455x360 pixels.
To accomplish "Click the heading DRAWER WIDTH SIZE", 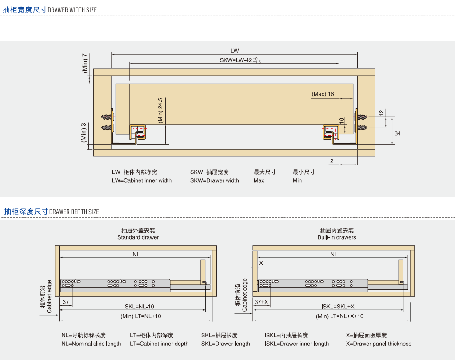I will point(72,10).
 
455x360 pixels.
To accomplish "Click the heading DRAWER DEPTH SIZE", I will point(74,212).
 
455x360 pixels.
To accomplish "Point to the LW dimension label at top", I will point(235,51).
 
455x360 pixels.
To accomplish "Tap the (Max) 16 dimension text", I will point(323,94).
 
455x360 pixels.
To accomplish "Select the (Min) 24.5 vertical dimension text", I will point(160,110).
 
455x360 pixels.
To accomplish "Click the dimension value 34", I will point(398,133).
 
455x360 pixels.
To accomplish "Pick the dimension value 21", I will point(334,161).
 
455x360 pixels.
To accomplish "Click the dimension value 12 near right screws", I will point(382,113).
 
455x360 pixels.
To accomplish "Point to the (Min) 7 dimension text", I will point(85,63).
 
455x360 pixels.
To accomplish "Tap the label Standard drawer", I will point(138,237).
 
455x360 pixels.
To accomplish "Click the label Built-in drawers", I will point(337,237).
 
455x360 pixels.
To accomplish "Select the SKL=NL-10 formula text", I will point(139,307).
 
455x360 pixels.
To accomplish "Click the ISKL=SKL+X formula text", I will point(338,307).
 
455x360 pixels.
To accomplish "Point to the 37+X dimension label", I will point(261,302).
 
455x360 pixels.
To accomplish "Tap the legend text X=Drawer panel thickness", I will point(379,344).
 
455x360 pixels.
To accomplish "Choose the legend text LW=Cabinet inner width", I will point(141,180).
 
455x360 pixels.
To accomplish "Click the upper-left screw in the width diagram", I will point(107,118).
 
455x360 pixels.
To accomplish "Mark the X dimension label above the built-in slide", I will point(261,263).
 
